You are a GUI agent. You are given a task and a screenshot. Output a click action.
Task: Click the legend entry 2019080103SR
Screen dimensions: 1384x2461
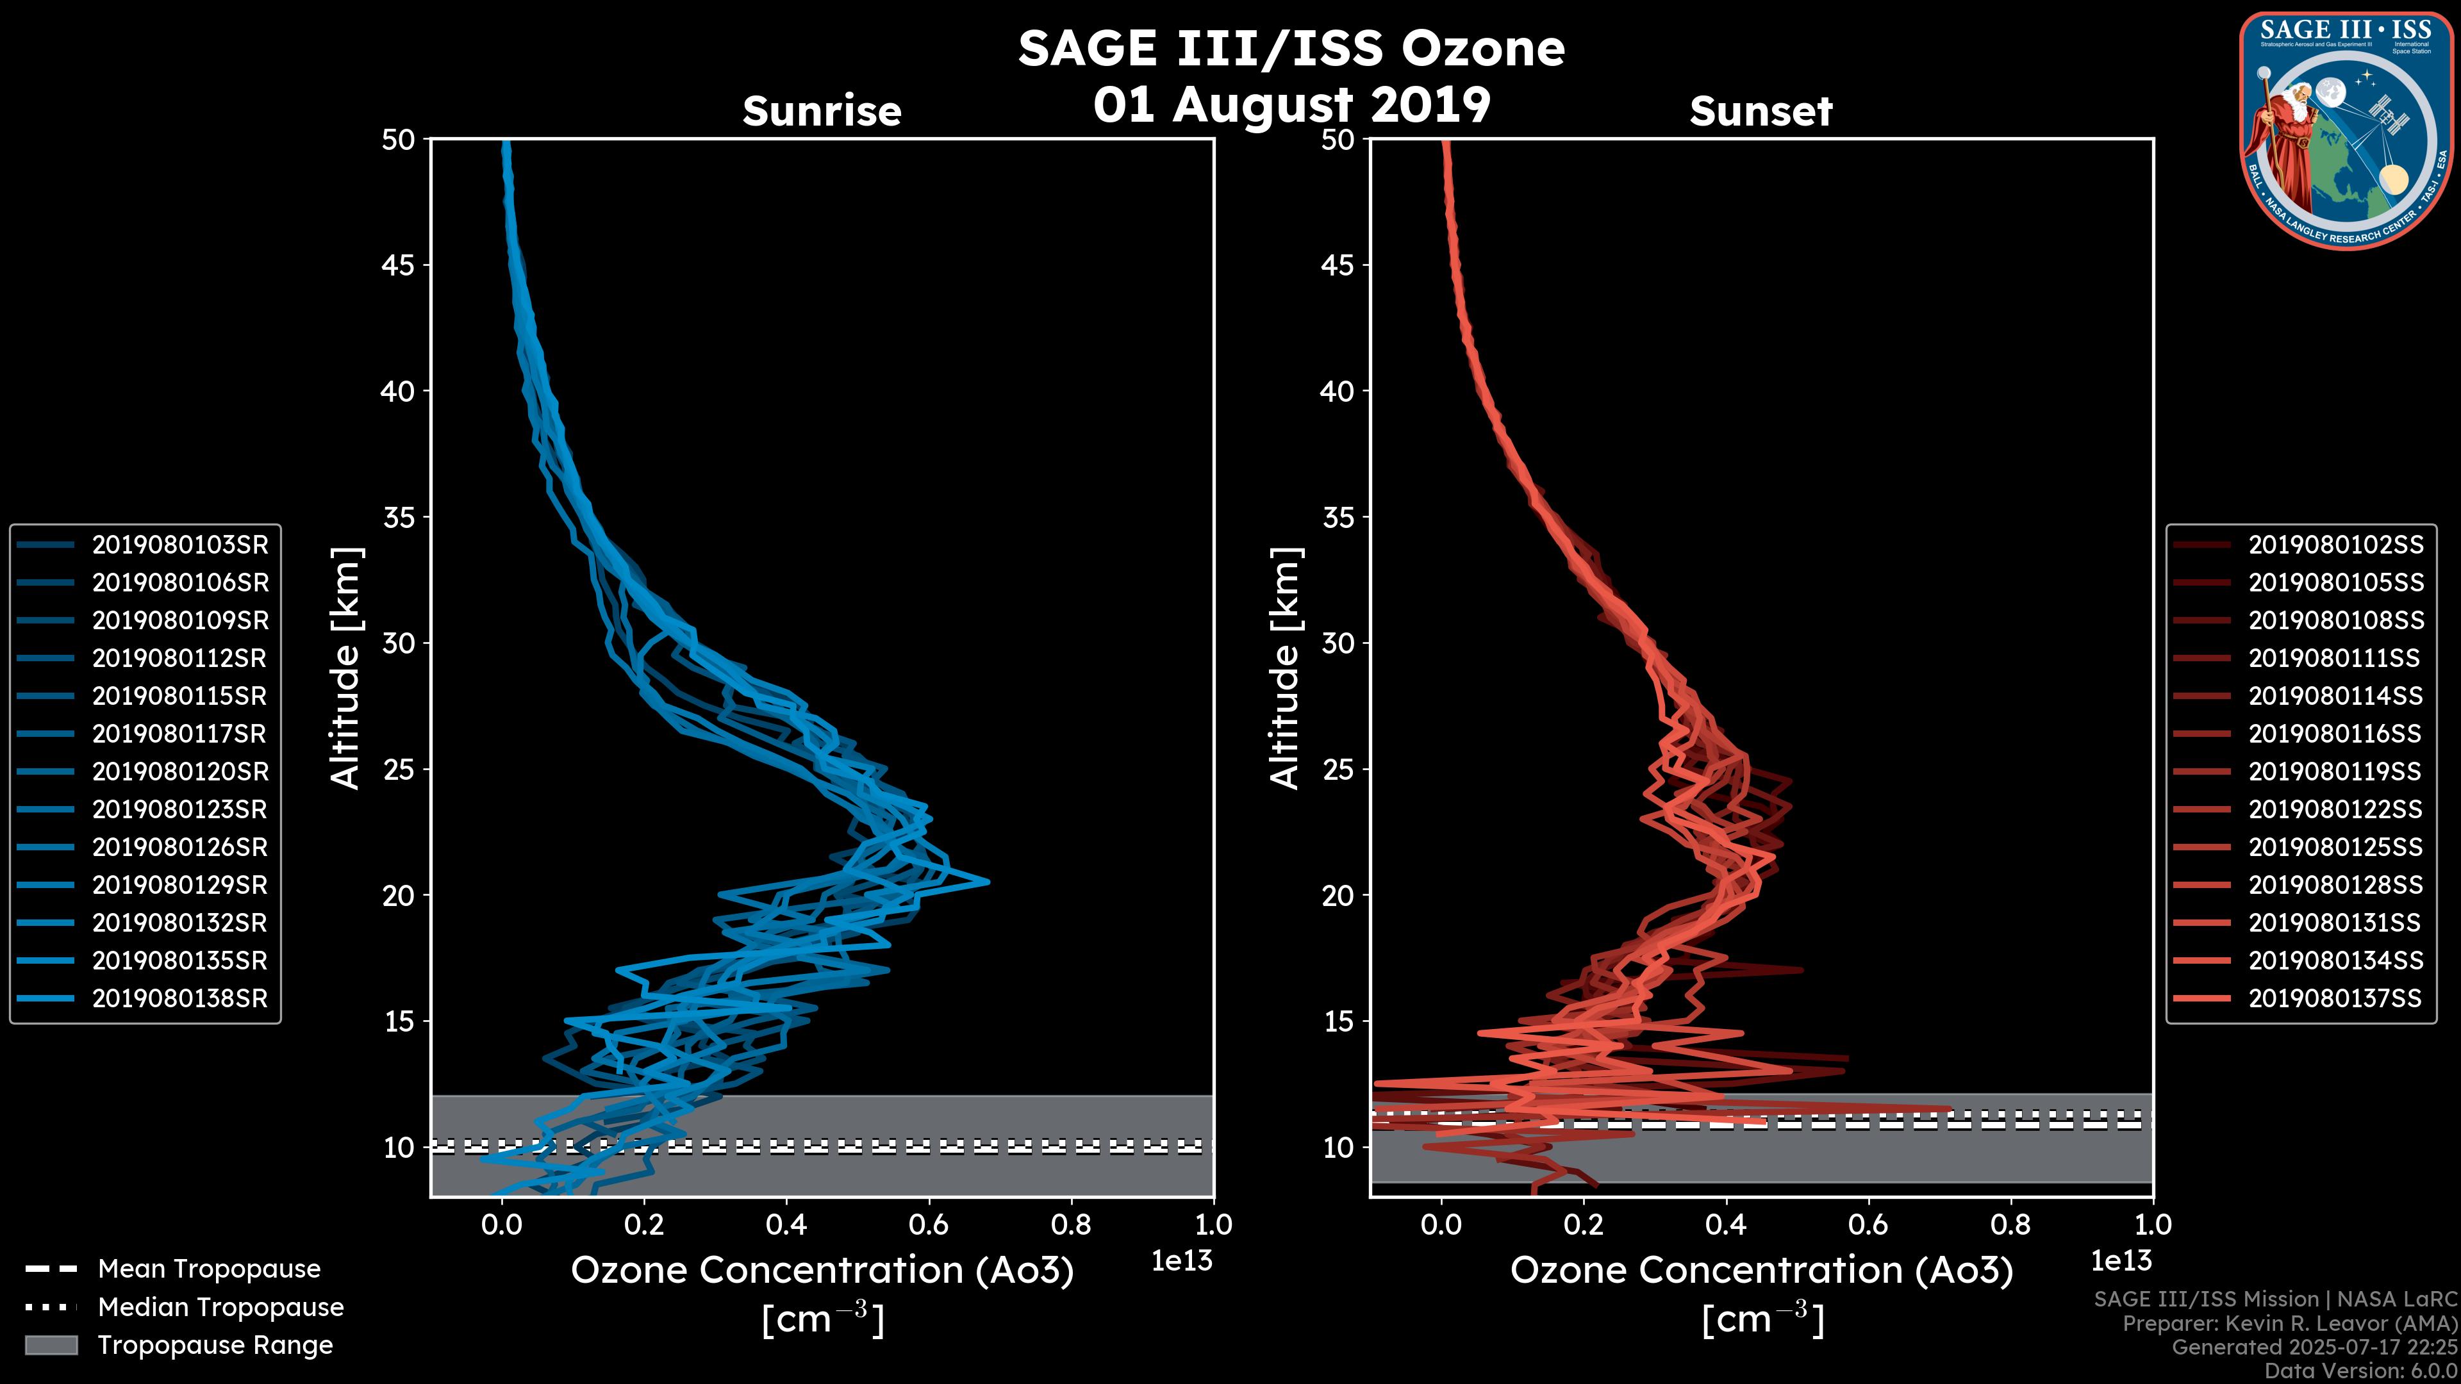pos(179,545)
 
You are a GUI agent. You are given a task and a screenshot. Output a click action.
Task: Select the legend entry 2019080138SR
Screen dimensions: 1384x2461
pos(179,998)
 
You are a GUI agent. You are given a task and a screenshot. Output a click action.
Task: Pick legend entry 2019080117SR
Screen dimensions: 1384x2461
pos(179,734)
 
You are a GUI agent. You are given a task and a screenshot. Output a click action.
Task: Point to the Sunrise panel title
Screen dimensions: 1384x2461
pos(822,111)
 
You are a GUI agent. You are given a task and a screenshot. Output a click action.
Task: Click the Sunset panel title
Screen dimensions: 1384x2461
pos(1761,111)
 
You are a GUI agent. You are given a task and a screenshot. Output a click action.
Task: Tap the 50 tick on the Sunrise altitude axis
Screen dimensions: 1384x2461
pos(399,140)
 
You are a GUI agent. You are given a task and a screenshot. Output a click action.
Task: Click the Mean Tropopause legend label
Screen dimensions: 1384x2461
pos(209,1269)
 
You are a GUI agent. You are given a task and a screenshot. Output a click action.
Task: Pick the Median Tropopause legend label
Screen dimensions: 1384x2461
pos(220,1306)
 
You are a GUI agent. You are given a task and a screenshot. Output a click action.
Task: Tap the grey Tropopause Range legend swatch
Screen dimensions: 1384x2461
pos(51,1345)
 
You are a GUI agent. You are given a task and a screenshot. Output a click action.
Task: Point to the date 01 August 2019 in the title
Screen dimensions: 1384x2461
pos(1291,104)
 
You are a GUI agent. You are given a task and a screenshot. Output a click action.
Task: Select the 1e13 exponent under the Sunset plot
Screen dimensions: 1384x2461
pos(2121,1261)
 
